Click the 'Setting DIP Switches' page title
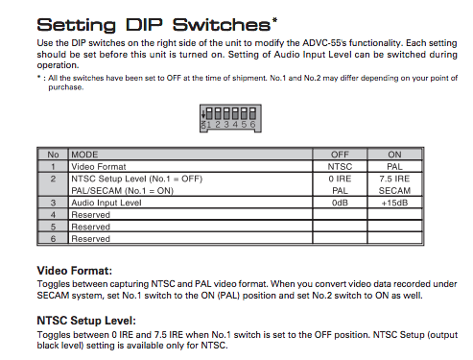coord(154,25)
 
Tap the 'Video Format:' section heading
coord(75,271)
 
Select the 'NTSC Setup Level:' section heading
coord(86,321)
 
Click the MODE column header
coord(84,155)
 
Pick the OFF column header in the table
coord(340,155)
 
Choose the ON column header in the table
coord(394,155)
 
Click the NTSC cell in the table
coord(340,167)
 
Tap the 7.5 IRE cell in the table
coord(394,179)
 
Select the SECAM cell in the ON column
coord(394,191)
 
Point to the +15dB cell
coord(394,203)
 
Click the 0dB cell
coord(340,203)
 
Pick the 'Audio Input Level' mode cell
coord(106,203)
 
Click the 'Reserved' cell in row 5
coord(90,227)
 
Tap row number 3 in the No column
coord(53,203)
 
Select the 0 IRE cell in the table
coord(340,179)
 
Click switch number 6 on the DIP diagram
coord(252,117)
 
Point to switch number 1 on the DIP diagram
coord(209,117)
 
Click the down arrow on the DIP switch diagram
coord(202,114)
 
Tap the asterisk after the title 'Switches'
coord(274,20)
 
